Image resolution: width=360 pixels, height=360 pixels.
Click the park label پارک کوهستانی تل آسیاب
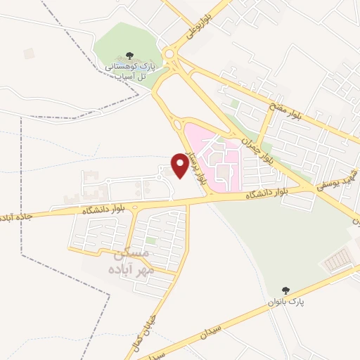[x=134, y=69]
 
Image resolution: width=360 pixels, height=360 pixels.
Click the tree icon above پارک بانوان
[x=285, y=290]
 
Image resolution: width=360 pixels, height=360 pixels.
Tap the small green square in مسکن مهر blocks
[x=150, y=240]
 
